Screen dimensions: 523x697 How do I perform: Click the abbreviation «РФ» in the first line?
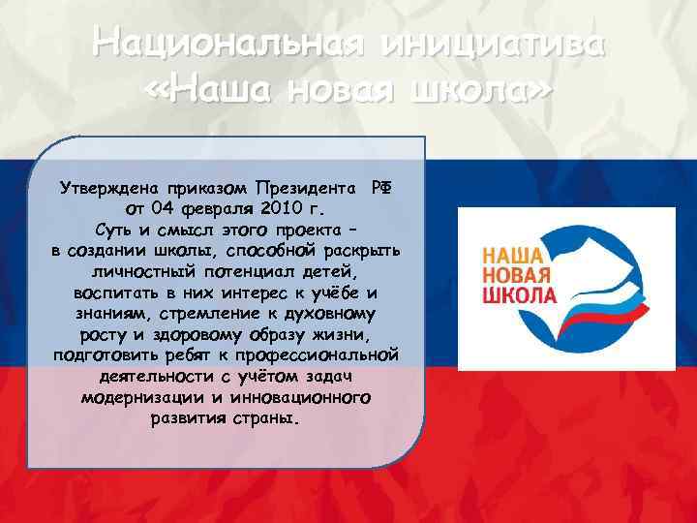381,187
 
